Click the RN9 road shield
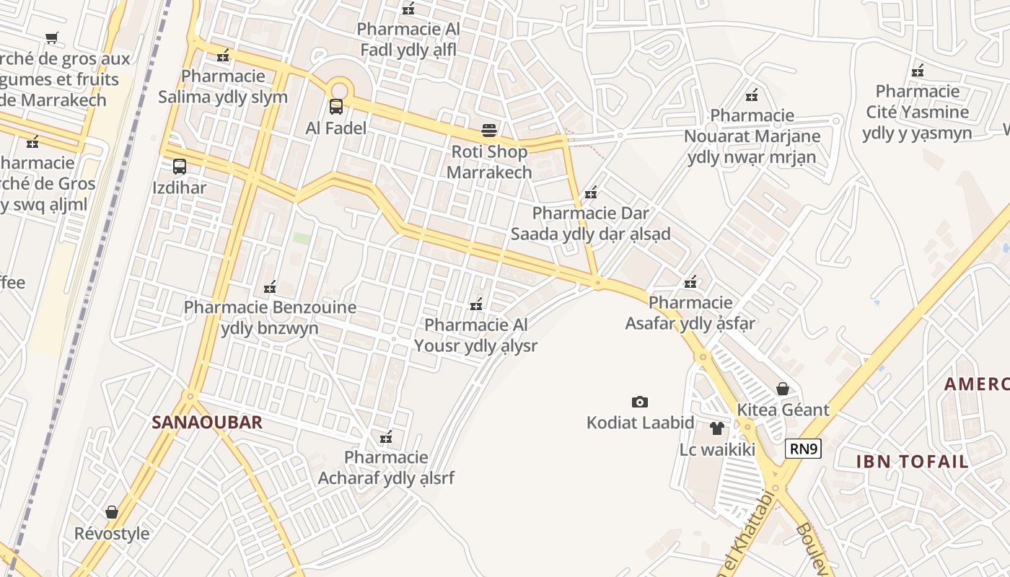pyautogui.click(x=803, y=449)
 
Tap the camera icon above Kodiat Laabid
pyautogui.click(x=639, y=402)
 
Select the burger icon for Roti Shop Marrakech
pyautogui.click(x=489, y=131)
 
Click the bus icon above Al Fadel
pyautogui.click(x=336, y=107)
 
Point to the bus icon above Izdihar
pyautogui.click(x=180, y=167)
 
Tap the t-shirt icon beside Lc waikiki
pyautogui.click(x=716, y=428)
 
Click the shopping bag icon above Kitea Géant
pyautogui.click(x=783, y=389)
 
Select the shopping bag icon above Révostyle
pyautogui.click(x=112, y=512)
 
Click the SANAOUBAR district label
pyautogui.click(x=206, y=423)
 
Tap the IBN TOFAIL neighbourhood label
pyautogui.click(x=912, y=462)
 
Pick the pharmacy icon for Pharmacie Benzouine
pyautogui.click(x=270, y=287)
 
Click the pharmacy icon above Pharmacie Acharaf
pyautogui.click(x=386, y=437)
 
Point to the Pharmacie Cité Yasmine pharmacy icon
pyautogui.click(x=918, y=71)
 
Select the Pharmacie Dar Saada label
pyautogui.click(x=590, y=224)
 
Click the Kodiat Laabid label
pyautogui.click(x=640, y=423)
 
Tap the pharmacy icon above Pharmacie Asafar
pyautogui.click(x=690, y=281)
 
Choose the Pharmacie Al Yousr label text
pyautogui.click(x=475, y=335)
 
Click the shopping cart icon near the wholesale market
pyautogui.click(x=51, y=38)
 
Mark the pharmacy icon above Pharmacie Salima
pyautogui.click(x=224, y=56)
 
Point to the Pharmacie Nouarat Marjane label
pyautogui.click(x=752, y=136)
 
